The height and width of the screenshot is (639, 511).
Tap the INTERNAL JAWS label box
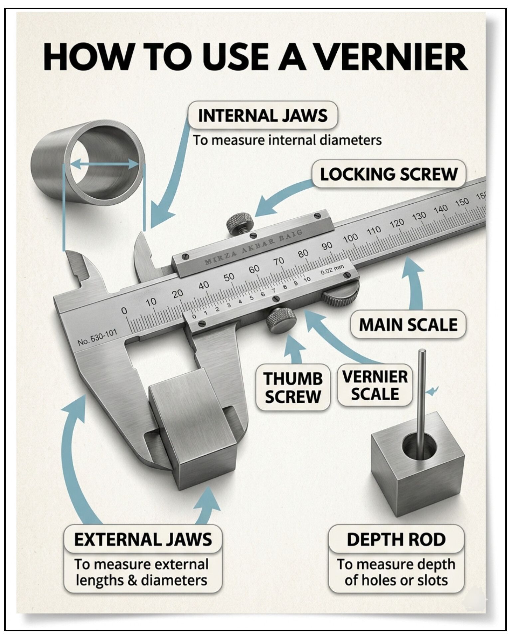(x=263, y=115)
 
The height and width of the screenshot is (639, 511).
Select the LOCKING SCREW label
(x=389, y=174)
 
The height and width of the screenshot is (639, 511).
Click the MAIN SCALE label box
(x=408, y=324)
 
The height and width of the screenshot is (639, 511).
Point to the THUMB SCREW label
(x=293, y=387)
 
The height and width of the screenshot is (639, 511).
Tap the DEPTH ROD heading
(x=396, y=539)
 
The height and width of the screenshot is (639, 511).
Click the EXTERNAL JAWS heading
(x=143, y=539)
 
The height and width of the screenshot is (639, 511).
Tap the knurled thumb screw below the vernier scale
(x=281, y=319)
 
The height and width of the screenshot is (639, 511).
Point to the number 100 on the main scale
(x=350, y=238)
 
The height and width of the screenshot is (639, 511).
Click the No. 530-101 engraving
(x=97, y=337)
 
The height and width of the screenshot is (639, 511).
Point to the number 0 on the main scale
(x=124, y=311)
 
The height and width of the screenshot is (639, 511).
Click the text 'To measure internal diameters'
(x=287, y=140)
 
